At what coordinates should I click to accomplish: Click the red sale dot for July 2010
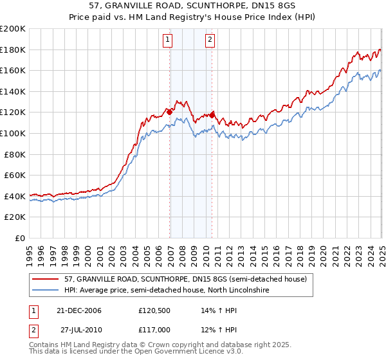(212, 115)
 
